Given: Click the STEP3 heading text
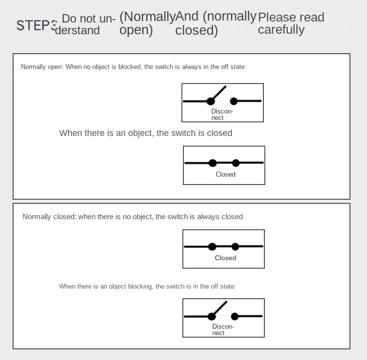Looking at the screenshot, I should pyautogui.click(x=36, y=25).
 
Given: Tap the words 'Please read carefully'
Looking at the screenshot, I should pyautogui.click(x=291, y=23).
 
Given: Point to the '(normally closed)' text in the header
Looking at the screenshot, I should pyautogui.click(x=216, y=23).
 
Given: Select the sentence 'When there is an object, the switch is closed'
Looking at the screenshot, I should pyautogui.click(x=145, y=133).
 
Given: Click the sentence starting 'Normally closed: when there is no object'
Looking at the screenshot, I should pyautogui.click(x=132, y=217).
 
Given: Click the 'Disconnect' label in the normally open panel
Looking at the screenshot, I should pyautogui.click(x=222, y=114).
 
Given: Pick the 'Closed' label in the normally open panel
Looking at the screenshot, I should pyautogui.click(x=225, y=175).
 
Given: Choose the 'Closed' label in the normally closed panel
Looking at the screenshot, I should pyautogui.click(x=225, y=258).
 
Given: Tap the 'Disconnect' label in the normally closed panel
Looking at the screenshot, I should pyautogui.click(x=223, y=330).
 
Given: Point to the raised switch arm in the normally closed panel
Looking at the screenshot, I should pyautogui.click(x=220, y=309).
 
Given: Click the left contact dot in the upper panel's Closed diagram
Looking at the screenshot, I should pyautogui.click(x=212, y=163).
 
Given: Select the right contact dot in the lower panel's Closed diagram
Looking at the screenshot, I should pyautogui.click(x=235, y=247).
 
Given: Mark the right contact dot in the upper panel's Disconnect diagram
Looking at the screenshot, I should pyautogui.click(x=234, y=101).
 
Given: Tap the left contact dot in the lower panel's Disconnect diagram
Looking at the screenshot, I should pyautogui.click(x=212, y=316).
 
